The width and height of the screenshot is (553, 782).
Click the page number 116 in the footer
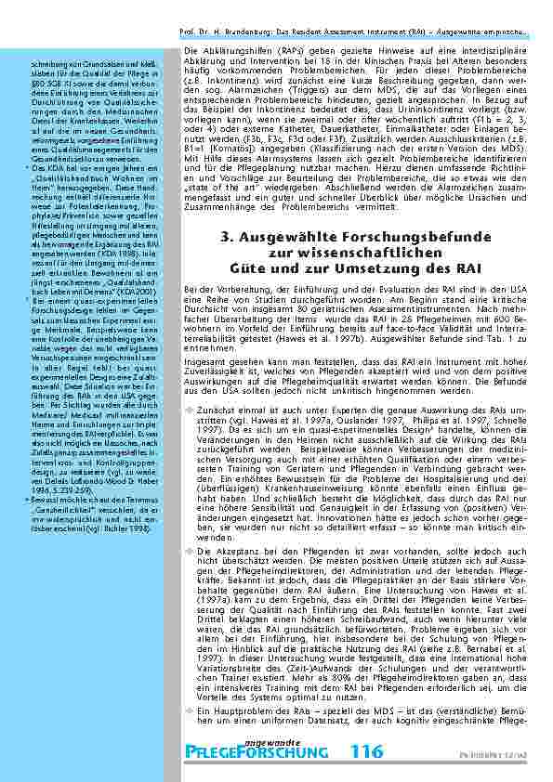pyautogui.click(x=364, y=750)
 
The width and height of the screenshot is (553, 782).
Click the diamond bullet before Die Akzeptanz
pyautogui.click(x=188, y=551)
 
